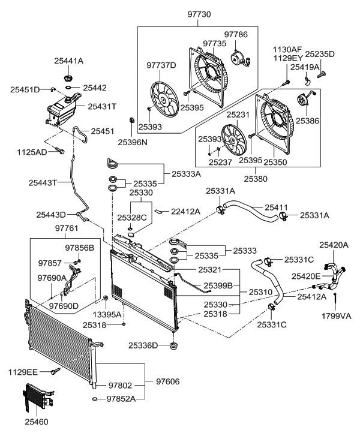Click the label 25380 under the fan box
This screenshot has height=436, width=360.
point(257,178)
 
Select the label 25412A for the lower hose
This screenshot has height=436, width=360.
point(311,296)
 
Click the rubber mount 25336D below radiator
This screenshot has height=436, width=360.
point(175,346)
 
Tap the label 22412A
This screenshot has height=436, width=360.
point(184,211)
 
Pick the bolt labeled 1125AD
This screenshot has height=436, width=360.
point(59,151)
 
